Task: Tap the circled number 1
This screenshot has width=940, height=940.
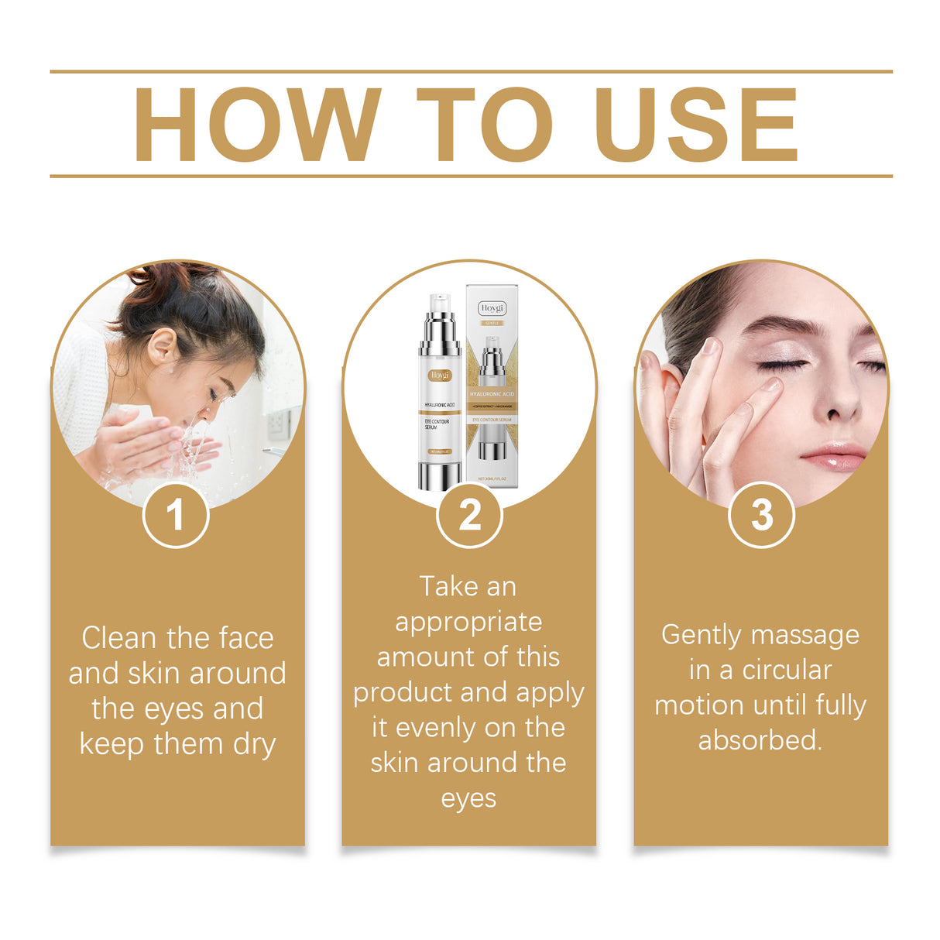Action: click(176, 515)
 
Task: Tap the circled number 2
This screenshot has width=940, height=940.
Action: click(469, 515)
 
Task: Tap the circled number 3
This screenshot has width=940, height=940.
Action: click(762, 515)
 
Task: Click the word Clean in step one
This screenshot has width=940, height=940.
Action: click(118, 638)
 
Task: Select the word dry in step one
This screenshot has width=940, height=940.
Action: click(254, 745)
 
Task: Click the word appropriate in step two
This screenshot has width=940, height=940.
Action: click(468, 623)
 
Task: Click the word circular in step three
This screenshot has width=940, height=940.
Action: click(787, 670)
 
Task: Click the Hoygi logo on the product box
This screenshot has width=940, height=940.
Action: click(492, 308)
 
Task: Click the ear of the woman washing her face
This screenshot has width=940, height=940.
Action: click(162, 346)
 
